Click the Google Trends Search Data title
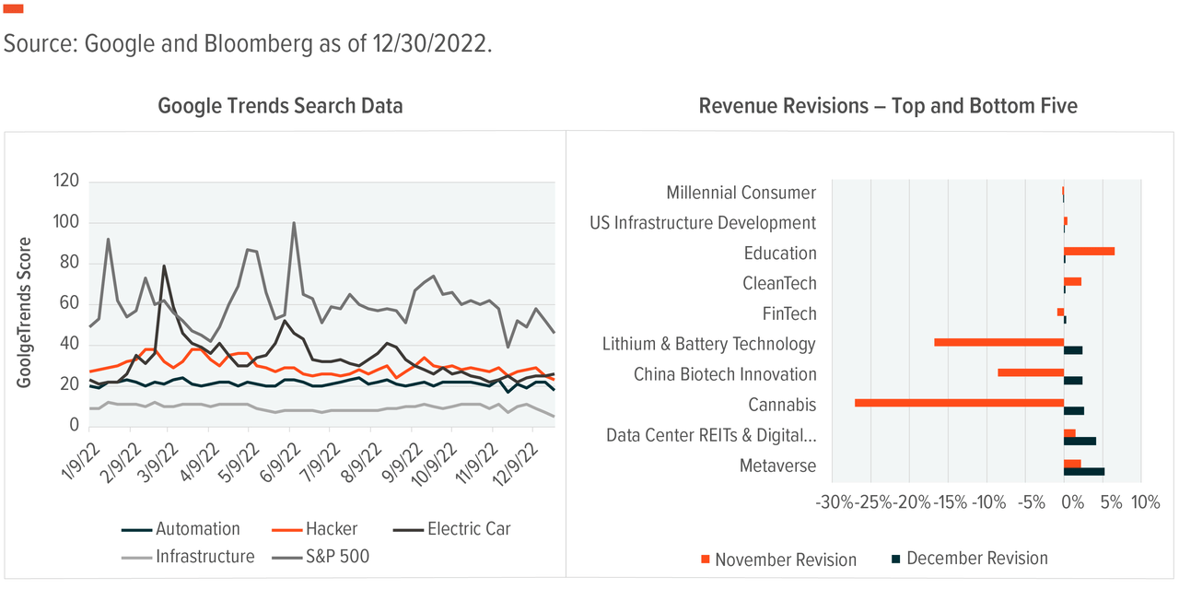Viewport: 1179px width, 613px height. (x=280, y=106)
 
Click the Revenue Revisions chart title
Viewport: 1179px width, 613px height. (x=888, y=106)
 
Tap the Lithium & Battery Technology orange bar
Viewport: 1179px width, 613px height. (x=998, y=342)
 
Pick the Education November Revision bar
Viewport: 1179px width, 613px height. (x=1089, y=251)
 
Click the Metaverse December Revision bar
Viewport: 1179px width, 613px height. (x=1083, y=471)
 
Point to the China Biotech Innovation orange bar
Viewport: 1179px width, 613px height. (x=1030, y=372)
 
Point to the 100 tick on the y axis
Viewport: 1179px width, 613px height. (x=65, y=222)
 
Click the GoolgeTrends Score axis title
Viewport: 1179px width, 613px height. (x=26, y=312)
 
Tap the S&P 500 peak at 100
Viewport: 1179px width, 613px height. (x=294, y=223)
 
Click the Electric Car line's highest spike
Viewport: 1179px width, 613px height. (x=164, y=266)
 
